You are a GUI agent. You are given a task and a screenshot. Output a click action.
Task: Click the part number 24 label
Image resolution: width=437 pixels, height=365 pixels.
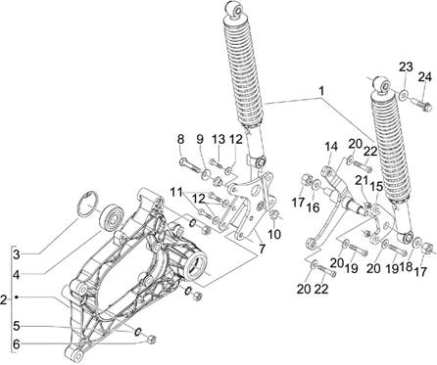coord(425,77)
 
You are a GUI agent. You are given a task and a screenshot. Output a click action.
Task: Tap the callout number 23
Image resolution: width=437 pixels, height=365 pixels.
coord(406,67)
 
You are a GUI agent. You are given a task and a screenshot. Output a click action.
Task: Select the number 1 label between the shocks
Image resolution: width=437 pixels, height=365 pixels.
coord(321,91)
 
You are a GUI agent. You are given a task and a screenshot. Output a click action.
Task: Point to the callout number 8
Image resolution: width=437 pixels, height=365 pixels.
coord(180,139)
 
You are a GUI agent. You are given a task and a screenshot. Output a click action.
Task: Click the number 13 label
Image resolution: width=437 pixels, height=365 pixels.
coord(218,139)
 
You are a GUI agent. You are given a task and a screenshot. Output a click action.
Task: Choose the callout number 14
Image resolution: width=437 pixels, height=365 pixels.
coord(331,147)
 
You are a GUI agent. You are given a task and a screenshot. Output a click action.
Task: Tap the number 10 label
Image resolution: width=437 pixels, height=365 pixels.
coord(274,234)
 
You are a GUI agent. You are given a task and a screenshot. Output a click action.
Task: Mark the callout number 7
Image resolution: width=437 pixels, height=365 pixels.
coord(262,249)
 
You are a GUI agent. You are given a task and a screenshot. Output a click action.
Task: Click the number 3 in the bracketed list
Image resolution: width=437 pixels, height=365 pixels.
coord(17,254)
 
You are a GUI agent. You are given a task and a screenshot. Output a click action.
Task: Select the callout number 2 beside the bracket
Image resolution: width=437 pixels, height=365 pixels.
coord(4,299)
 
